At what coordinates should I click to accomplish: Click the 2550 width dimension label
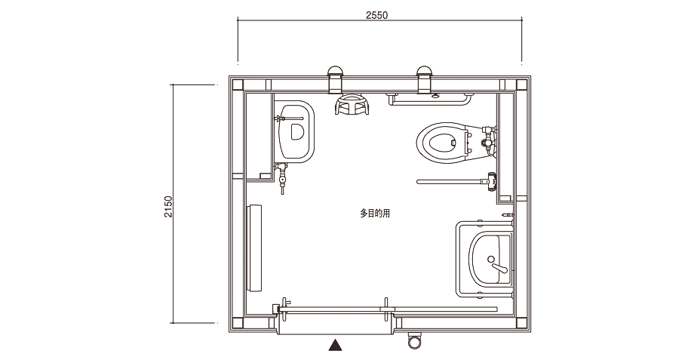click(376, 15)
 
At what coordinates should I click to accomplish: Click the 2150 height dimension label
click(168, 206)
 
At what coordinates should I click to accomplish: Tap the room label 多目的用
click(375, 214)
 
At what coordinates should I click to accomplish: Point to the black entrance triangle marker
click(336, 345)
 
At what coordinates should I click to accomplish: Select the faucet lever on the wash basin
click(499, 267)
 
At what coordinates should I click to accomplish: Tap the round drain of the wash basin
click(490, 259)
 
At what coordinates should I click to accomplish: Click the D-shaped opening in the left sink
click(296, 131)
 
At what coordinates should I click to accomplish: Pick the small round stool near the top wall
click(352, 104)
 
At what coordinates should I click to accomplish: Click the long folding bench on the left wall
click(254, 248)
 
